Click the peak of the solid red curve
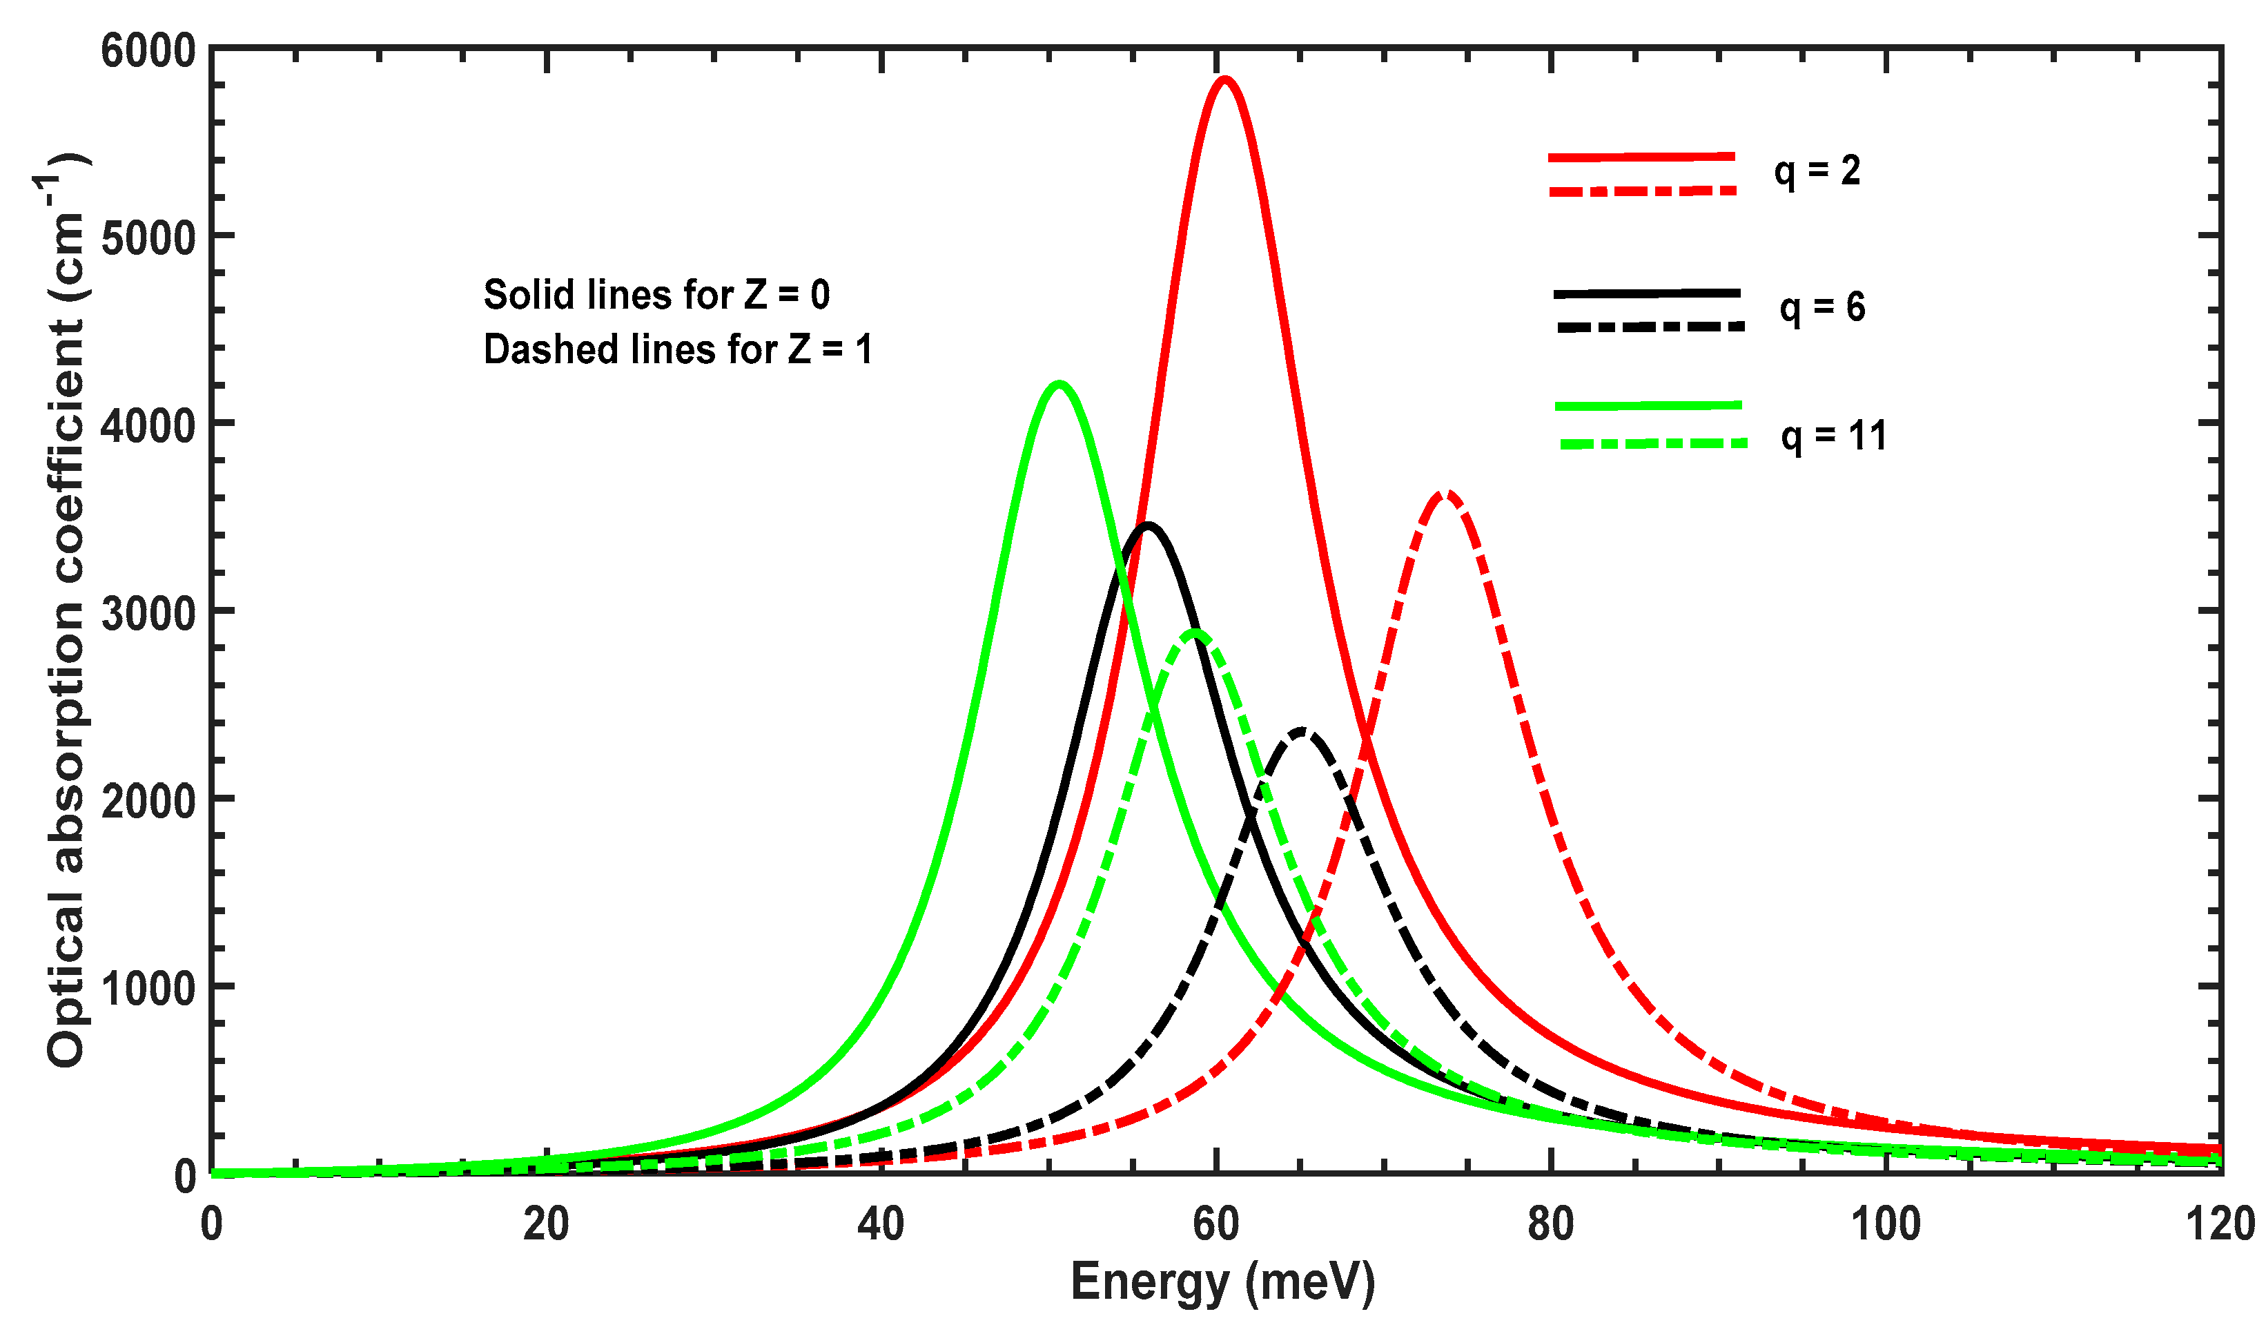point(1224,80)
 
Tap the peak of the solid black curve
point(1147,525)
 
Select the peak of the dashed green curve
point(1194,633)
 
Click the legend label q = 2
point(1817,171)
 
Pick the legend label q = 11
point(1833,436)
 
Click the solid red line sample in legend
point(1641,157)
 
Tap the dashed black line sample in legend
point(1650,327)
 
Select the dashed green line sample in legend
point(1653,443)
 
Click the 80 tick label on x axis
point(1550,1225)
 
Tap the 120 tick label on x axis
point(2218,1225)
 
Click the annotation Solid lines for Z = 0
point(656,295)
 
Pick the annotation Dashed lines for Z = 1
point(678,350)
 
